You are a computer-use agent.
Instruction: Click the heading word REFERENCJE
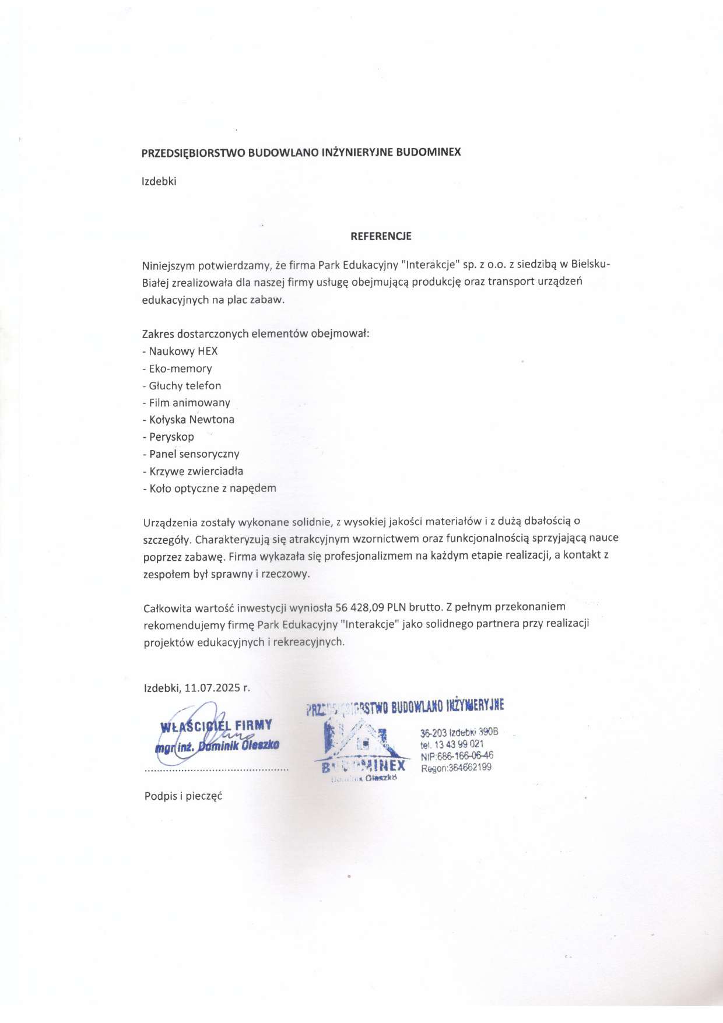pyautogui.click(x=381, y=236)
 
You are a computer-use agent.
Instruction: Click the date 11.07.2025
pyautogui.click(x=212, y=688)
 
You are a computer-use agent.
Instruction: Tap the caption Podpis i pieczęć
pyautogui.click(x=184, y=796)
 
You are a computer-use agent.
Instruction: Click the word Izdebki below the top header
pyautogui.click(x=159, y=181)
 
